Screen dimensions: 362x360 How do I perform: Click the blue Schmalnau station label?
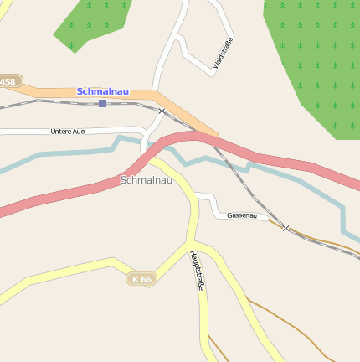point(103,90)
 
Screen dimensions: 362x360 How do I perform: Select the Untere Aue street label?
point(67,132)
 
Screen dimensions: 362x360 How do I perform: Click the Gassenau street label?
point(241,215)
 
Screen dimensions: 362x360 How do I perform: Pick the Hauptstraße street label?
point(198,270)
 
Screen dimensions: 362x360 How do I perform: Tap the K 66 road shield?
point(141,278)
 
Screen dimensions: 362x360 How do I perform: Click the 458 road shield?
point(8,81)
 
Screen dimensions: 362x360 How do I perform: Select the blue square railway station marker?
point(102,103)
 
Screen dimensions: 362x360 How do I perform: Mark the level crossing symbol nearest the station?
point(162,111)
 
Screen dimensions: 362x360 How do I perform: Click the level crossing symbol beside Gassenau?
point(285,228)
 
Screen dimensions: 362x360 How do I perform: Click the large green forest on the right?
point(314,59)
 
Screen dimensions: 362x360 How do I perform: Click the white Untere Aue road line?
point(25,132)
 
